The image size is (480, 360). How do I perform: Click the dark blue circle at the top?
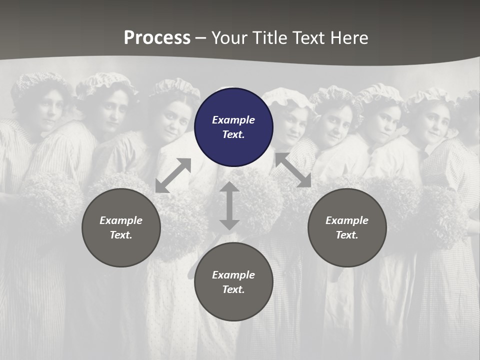click(233, 127)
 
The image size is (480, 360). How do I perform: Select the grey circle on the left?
click(121, 227)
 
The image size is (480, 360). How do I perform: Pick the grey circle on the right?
click(347, 227)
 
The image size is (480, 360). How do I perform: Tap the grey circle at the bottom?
click(233, 282)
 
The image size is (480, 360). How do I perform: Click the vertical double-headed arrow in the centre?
click(229, 205)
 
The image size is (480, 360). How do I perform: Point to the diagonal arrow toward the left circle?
click(173, 175)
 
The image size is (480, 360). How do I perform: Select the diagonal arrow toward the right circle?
click(293, 170)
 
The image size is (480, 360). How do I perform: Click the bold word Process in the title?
click(157, 38)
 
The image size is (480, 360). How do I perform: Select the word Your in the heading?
click(230, 38)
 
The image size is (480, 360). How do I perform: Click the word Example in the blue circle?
click(233, 120)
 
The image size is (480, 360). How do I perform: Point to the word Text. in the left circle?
click(121, 235)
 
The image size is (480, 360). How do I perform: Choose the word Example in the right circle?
click(347, 220)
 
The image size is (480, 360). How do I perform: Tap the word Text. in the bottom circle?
click(233, 289)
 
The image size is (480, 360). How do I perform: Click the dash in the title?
click(201, 38)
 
